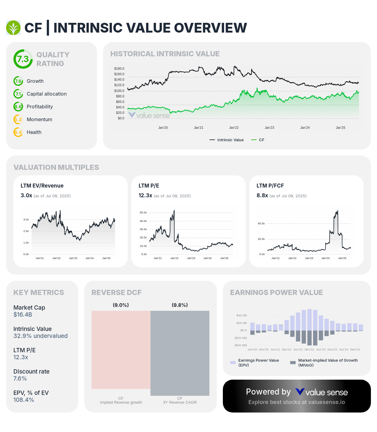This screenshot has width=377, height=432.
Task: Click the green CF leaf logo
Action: click(x=13, y=28)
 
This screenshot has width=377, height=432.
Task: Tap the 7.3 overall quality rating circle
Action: click(x=23, y=59)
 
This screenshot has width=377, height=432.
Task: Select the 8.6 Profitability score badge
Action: click(x=18, y=107)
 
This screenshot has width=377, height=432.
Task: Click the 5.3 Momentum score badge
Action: click(x=18, y=119)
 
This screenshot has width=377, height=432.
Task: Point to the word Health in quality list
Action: click(x=34, y=132)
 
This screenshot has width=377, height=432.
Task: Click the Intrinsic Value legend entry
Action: click(x=227, y=140)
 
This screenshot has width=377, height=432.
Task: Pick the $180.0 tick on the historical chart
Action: click(x=119, y=69)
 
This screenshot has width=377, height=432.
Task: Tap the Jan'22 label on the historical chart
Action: click(x=234, y=128)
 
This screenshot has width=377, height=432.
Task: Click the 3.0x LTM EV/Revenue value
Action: click(x=26, y=195)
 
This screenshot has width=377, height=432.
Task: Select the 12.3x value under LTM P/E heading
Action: click(x=145, y=195)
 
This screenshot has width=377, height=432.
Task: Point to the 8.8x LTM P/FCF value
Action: click(x=262, y=195)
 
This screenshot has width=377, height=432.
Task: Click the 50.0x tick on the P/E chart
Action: click(x=143, y=212)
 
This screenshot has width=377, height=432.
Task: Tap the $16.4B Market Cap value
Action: click(x=22, y=314)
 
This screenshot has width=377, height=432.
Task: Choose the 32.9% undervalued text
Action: click(x=40, y=336)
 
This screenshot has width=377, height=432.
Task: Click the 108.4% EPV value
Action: click(x=24, y=400)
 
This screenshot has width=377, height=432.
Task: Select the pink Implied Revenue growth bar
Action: click(x=121, y=350)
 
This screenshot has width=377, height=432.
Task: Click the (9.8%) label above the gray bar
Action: click(x=180, y=305)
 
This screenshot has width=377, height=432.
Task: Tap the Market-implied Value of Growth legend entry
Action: click(x=324, y=363)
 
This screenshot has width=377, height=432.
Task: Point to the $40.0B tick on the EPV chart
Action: click(x=241, y=315)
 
